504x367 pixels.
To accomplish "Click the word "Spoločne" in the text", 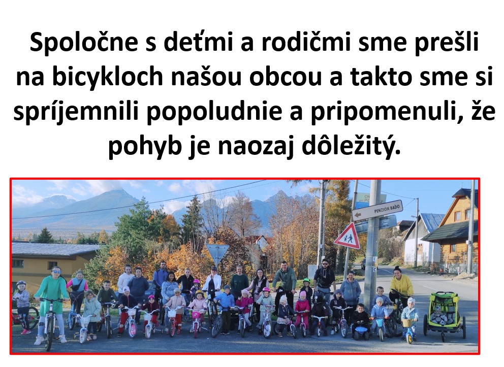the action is click(84, 43).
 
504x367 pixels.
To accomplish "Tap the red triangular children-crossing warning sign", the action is click(348, 237).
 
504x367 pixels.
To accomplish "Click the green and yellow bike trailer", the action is click(445, 315).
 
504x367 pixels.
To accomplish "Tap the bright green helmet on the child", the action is click(307, 280).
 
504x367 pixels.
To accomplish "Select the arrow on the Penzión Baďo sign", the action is click(357, 215).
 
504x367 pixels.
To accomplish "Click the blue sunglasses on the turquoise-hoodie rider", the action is click(56, 272).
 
